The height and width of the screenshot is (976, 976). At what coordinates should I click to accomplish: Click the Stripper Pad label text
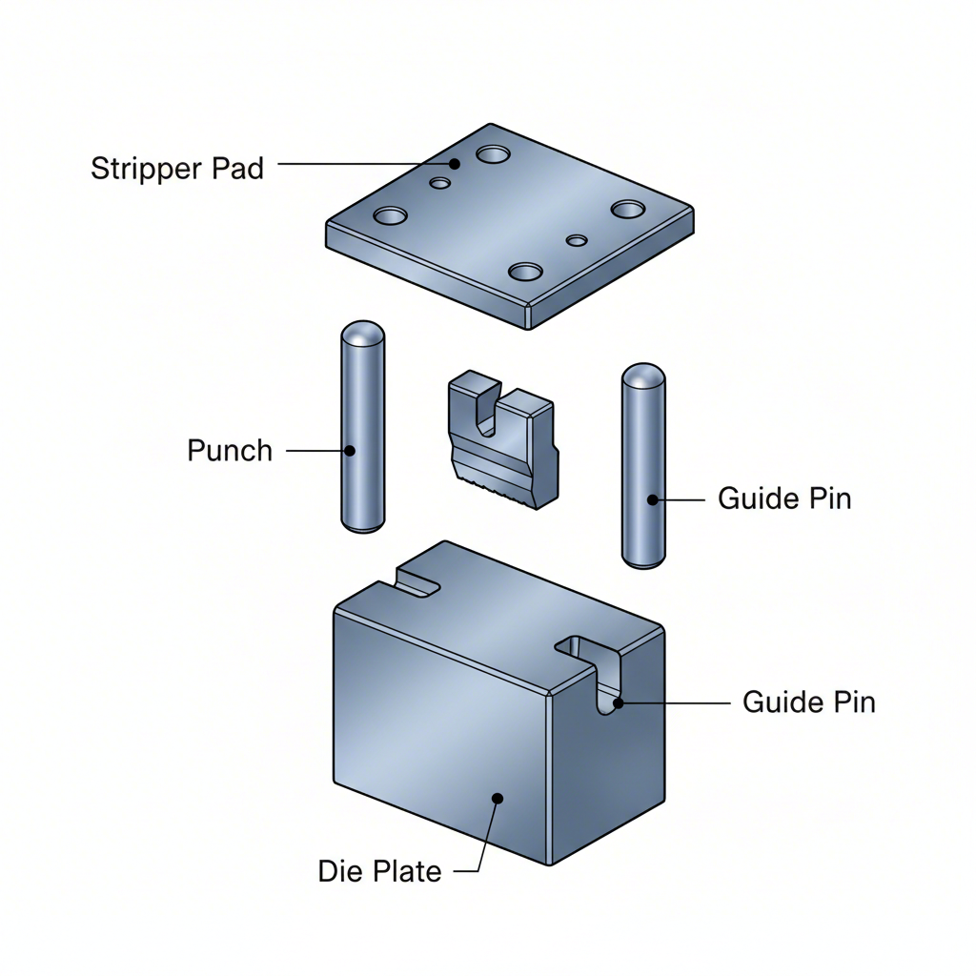coord(176,169)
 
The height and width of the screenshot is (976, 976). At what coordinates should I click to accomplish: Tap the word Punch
coord(230,450)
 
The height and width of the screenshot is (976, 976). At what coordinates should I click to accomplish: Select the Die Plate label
coord(379,870)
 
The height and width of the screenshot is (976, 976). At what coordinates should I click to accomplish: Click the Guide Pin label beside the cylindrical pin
coord(783,498)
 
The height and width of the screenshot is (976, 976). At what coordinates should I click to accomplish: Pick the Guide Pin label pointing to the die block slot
coord(808,702)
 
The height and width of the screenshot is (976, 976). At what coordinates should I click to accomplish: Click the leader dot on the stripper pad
coord(455,164)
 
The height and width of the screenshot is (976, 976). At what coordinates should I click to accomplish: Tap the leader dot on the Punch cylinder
coord(350,450)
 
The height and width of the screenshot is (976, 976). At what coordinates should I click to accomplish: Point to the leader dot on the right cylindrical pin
coord(653,498)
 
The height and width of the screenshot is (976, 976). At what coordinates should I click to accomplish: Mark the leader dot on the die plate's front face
coord(496,797)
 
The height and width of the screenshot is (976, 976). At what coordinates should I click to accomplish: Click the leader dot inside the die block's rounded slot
coord(618,703)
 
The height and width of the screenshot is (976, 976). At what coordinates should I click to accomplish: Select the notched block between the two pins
coord(501,438)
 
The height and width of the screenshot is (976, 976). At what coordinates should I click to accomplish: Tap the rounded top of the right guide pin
coord(643,376)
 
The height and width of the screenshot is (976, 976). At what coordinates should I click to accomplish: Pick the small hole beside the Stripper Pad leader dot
coord(439,182)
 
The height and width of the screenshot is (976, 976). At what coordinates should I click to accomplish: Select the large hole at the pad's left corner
coord(391,215)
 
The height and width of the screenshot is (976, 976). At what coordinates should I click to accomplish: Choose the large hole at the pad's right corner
coord(627,209)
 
